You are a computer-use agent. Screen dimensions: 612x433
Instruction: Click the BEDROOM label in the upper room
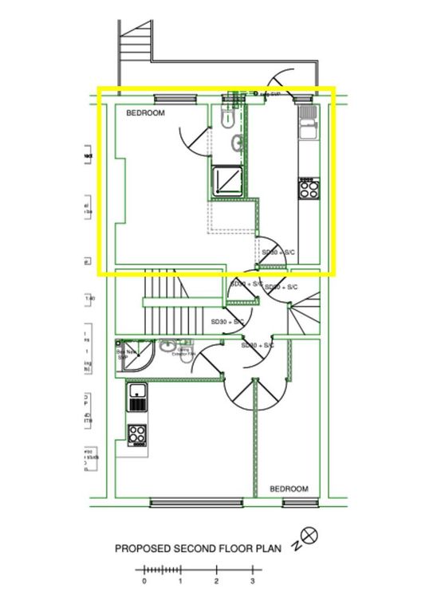[145, 114]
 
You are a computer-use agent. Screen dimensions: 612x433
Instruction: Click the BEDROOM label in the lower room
[288, 488]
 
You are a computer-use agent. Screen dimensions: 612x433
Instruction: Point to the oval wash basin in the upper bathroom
[238, 143]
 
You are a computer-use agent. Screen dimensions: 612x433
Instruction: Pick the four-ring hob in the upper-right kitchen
[308, 189]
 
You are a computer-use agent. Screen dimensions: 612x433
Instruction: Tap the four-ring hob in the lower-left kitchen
[137, 435]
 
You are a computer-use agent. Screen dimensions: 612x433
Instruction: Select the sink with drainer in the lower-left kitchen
[137, 396]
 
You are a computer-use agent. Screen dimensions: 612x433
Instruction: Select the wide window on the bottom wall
[196, 502]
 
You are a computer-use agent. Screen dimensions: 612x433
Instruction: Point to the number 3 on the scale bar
[253, 581]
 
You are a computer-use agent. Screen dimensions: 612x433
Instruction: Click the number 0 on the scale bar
[144, 581]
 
